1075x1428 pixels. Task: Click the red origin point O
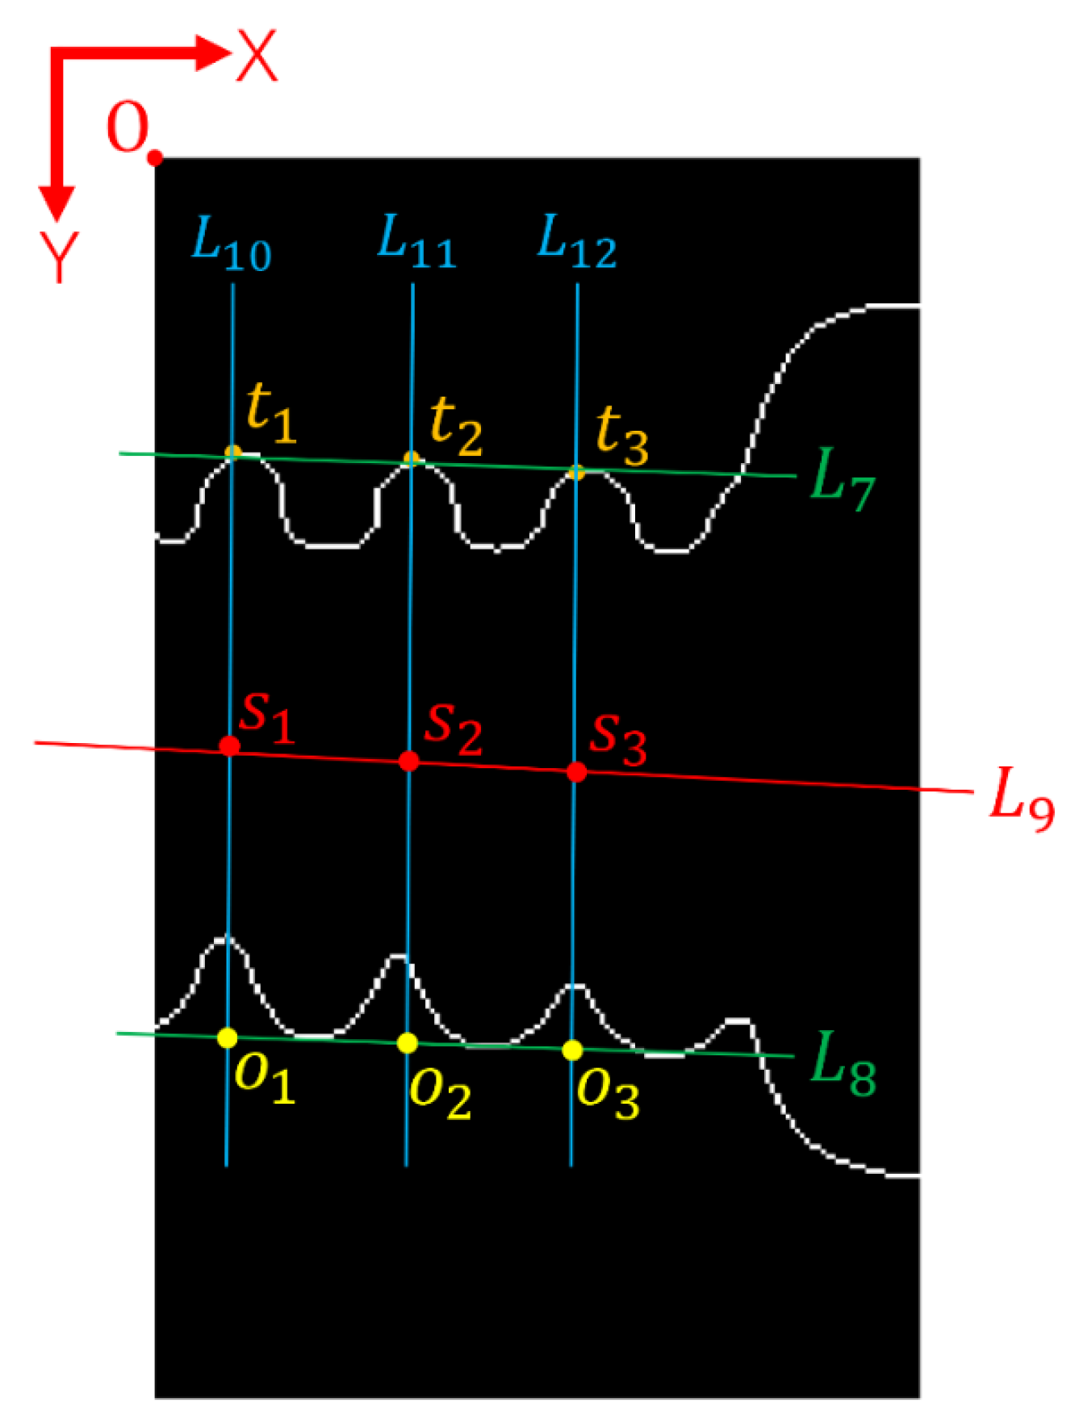(x=156, y=158)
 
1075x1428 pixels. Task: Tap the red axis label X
(x=257, y=56)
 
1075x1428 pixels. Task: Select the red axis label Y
(x=59, y=257)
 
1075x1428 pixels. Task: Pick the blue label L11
(x=416, y=243)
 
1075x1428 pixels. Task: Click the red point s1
(x=230, y=745)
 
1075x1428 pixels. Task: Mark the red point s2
(x=409, y=761)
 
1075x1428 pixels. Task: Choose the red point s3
(x=576, y=772)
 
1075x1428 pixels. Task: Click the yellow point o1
(x=228, y=1038)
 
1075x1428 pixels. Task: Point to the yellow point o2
(x=408, y=1043)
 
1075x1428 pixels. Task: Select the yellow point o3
(x=572, y=1050)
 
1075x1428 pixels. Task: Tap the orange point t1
(x=232, y=452)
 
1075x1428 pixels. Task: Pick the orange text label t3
(x=621, y=436)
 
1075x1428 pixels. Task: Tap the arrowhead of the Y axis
(x=56, y=203)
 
